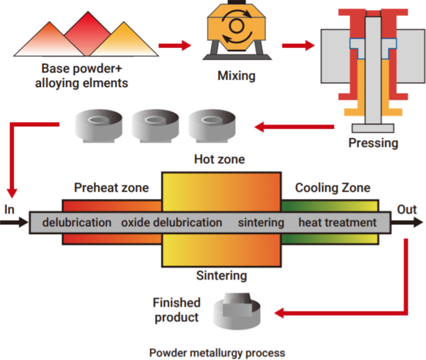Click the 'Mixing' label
click(236, 76)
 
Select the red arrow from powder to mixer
click(175, 46)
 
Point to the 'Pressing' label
click(373, 143)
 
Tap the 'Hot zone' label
click(220, 160)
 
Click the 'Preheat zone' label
click(111, 188)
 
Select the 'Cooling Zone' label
click(333, 188)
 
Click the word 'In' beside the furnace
click(9, 209)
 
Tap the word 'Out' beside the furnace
click(406, 209)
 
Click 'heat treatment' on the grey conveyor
click(337, 222)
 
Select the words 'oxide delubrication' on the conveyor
click(171, 222)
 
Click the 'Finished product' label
click(176, 310)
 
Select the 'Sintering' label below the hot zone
click(221, 275)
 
